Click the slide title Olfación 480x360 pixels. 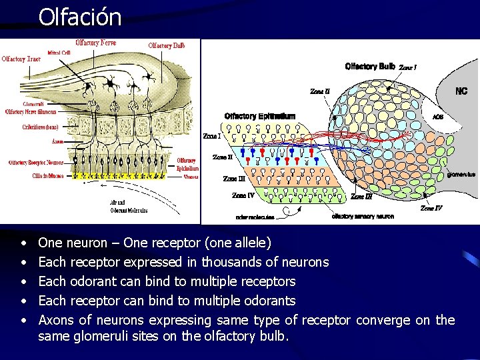pyautogui.click(x=80, y=16)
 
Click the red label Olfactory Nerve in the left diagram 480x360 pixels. pyautogui.click(x=96, y=43)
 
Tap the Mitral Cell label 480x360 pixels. pyautogui.click(x=59, y=52)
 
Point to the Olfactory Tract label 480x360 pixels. pyautogui.click(x=21, y=59)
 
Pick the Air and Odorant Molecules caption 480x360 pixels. pyautogui.click(x=129, y=207)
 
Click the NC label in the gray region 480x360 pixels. pyautogui.click(x=461, y=91)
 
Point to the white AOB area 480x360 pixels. pyautogui.click(x=437, y=117)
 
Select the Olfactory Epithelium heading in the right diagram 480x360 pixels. pyautogui.click(x=260, y=116)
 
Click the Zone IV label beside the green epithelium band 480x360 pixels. pyautogui.click(x=243, y=195)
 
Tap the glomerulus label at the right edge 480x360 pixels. pyautogui.click(x=461, y=175)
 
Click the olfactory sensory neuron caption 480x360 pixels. pyautogui.click(x=363, y=216)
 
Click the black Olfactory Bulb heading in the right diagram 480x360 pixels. pyautogui.click(x=370, y=66)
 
